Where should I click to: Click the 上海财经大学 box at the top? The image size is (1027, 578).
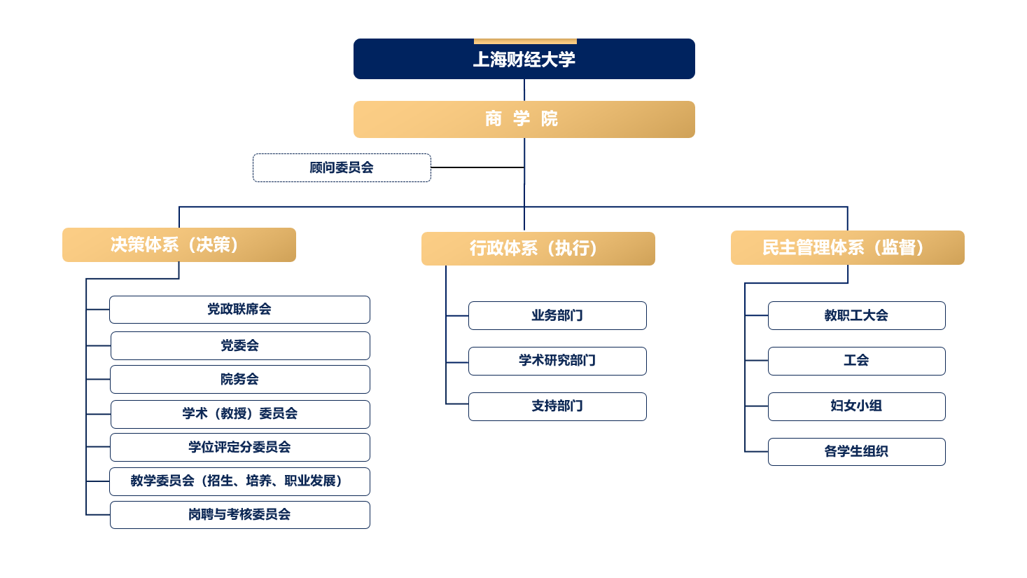click(x=524, y=59)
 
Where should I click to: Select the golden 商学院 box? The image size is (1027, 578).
click(x=524, y=119)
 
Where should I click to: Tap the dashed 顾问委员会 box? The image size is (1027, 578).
click(x=342, y=167)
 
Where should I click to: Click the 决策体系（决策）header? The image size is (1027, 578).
click(x=179, y=245)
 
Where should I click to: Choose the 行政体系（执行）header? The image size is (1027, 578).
click(x=538, y=249)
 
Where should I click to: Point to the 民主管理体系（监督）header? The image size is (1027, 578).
click(x=847, y=247)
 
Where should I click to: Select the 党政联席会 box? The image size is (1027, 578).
click(x=239, y=309)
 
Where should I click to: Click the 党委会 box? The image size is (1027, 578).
click(x=239, y=345)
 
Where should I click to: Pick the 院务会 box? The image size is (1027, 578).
click(x=239, y=379)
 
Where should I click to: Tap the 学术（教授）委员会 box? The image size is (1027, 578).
click(x=239, y=413)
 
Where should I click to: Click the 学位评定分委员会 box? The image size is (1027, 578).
click(x=239, y=447)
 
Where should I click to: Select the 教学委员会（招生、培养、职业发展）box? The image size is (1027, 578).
click(x=239, y=481)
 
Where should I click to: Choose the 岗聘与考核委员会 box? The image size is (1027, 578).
click(x=239, y=514)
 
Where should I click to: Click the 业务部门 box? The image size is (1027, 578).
click(x=557, y=315)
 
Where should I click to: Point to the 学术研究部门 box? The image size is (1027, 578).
click(x=557, y=361)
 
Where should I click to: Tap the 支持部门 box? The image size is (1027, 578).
click(x=557, y=406)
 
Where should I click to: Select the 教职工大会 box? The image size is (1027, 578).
click(x=856, y=315)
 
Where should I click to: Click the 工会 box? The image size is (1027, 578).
click(x=856, y=361)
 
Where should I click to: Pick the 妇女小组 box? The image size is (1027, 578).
click(x=856, y=406)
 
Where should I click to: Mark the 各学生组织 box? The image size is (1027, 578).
click(x=856, y=451)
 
